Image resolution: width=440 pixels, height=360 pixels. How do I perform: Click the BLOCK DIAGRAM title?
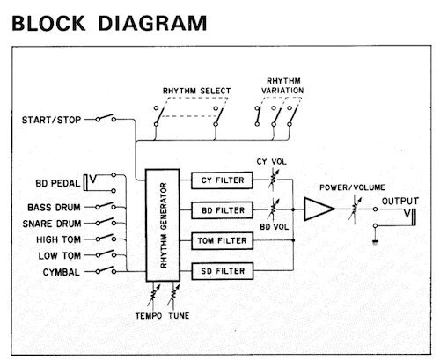[x=109, y=21]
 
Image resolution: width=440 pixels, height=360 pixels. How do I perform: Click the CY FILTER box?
[x=222, y=180]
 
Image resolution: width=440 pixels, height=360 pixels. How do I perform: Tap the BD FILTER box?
[x=222, y=210]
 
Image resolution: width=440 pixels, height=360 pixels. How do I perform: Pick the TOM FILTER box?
[x=222, y=240]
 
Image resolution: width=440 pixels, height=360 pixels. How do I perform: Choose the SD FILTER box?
[x=222, y=270]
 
